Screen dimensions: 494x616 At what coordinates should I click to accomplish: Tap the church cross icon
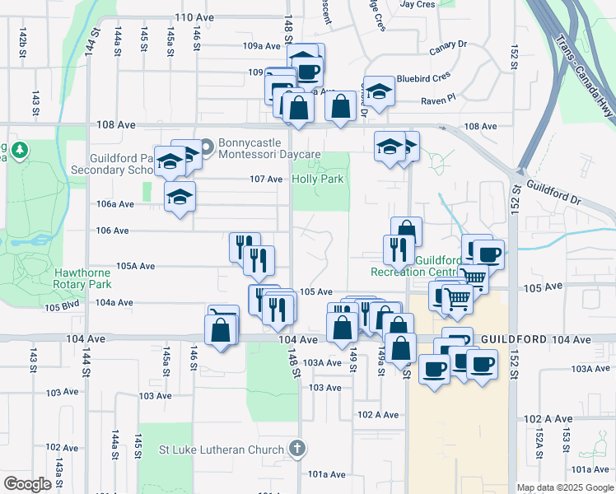pos(297,450)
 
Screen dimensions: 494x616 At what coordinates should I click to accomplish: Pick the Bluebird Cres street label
pos(423,77)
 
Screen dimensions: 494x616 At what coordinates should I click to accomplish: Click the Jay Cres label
pos(417,4)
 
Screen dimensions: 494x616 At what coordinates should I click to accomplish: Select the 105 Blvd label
pos(63,307)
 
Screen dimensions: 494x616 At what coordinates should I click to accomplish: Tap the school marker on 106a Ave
pos(180,198)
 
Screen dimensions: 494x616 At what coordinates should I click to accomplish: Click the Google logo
pos(28,484)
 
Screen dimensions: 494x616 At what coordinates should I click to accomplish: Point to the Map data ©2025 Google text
pos(564,487)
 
